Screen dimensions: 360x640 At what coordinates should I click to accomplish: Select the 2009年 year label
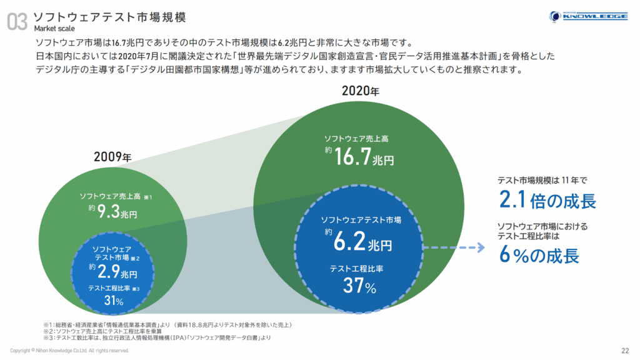click(113, 156)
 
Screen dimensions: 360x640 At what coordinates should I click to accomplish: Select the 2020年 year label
click(360, 91)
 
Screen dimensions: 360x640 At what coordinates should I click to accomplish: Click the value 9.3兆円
click(117, 212)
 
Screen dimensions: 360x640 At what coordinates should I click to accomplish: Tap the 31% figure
click(113, 301)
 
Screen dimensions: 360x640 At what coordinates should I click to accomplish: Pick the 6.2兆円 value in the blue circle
click(362, 241)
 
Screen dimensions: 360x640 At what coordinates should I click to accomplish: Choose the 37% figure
click(359, 287)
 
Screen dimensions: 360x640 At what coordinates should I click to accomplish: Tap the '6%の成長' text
click(539, 255)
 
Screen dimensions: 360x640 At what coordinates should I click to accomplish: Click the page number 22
click(625, 350)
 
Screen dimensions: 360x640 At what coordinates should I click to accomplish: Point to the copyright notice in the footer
click(69, 351)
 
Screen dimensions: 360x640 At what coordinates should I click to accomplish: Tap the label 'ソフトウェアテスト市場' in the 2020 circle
click(361, 220)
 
